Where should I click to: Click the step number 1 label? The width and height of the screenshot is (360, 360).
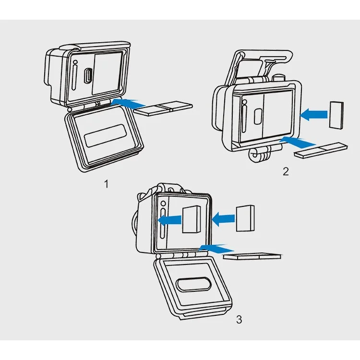pos(106,184)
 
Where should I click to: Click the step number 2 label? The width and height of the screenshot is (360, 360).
pos(286,171)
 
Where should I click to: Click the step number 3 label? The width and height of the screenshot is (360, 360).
pos(239,319)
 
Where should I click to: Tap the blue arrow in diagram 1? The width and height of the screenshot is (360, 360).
pos(128,104)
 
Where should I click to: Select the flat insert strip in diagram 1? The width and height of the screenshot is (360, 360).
pos(163,108)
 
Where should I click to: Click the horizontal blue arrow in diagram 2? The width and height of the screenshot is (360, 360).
pos(313,114)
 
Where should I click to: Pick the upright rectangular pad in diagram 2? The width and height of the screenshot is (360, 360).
pos(336,115)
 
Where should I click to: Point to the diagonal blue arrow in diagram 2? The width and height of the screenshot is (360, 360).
pos(297,142)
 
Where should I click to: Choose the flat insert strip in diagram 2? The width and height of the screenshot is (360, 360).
pos(321,150)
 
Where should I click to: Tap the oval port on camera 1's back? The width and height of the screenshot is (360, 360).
pos(88,76)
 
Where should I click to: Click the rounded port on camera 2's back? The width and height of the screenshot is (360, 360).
pos(258,117)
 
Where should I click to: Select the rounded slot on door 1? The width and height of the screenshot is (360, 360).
pos(105,136)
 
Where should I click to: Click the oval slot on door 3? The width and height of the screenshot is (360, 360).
pos(193,284)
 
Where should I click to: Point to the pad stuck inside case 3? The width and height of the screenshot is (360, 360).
pos(191,219)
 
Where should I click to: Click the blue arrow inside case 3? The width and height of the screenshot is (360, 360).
pos(169,220)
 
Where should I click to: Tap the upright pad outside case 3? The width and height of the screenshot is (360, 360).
pos(245,218)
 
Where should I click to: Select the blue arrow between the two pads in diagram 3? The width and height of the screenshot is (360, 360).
pos(223,219)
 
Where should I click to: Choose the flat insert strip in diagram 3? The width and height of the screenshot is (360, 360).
pos(252,256)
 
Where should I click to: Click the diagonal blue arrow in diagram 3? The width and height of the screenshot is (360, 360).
pos(216,249)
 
